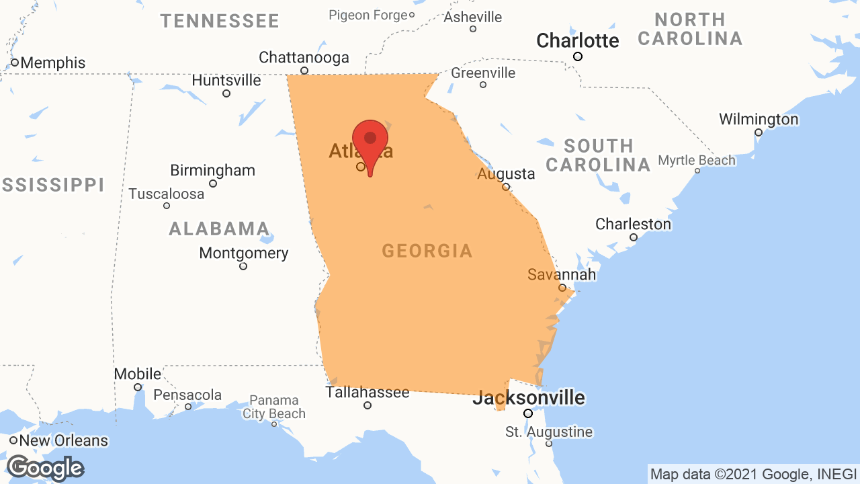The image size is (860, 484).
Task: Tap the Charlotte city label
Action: click(577, 41)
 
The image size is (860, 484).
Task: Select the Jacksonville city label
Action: click(528, 398)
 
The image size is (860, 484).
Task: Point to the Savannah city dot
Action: click(562, 288)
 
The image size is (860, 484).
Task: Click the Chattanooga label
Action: click(304, 58)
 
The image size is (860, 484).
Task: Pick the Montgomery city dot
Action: click(243, 266)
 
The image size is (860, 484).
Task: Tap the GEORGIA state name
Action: click(427, 251)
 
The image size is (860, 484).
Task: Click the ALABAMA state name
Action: click(219, 229)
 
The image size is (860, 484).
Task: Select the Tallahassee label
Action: click(367, 393)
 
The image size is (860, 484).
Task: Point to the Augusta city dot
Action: click(506, 187)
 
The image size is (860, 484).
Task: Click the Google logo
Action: click(45, 468)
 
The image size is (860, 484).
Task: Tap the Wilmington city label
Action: click(759, 120)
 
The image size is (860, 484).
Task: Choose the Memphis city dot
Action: click(14, 63)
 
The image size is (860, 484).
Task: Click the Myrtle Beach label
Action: click(697, 161)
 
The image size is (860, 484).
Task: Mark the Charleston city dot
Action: click(634, 237)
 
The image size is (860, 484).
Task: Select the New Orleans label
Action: click(63, 441)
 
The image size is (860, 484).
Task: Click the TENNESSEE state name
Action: click(220, 21)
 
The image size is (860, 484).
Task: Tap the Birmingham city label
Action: click(212, 170)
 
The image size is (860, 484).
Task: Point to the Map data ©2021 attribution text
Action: click(752, 474)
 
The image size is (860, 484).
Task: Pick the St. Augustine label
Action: click(549, 432)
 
